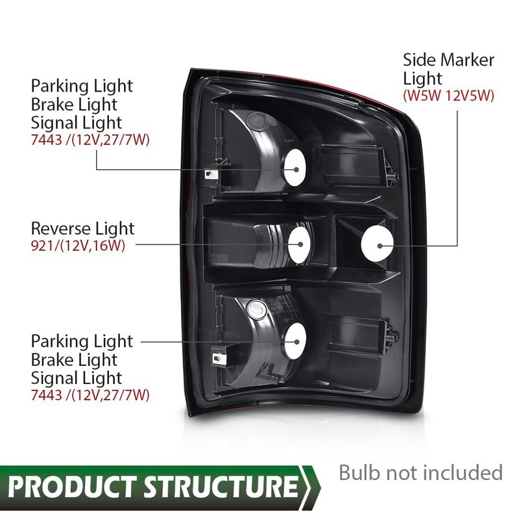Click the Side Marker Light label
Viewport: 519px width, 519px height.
[448, 69]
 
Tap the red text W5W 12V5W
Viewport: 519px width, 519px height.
[448, 96]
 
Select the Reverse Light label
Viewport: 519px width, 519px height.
[83, 228]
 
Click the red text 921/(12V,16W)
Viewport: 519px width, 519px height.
[78, 245]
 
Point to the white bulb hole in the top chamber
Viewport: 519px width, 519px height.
[296, 167]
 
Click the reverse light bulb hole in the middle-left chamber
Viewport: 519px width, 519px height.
[301, 243]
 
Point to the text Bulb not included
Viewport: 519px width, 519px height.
[420, 472]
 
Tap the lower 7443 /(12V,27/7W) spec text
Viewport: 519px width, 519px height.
[90, 394]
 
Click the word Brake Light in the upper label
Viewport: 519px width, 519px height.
[75, 104]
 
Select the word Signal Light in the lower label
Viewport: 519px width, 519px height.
[77, 377]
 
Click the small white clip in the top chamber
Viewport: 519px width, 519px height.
[211, 174]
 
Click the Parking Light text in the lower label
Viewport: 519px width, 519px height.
[82, 341]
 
